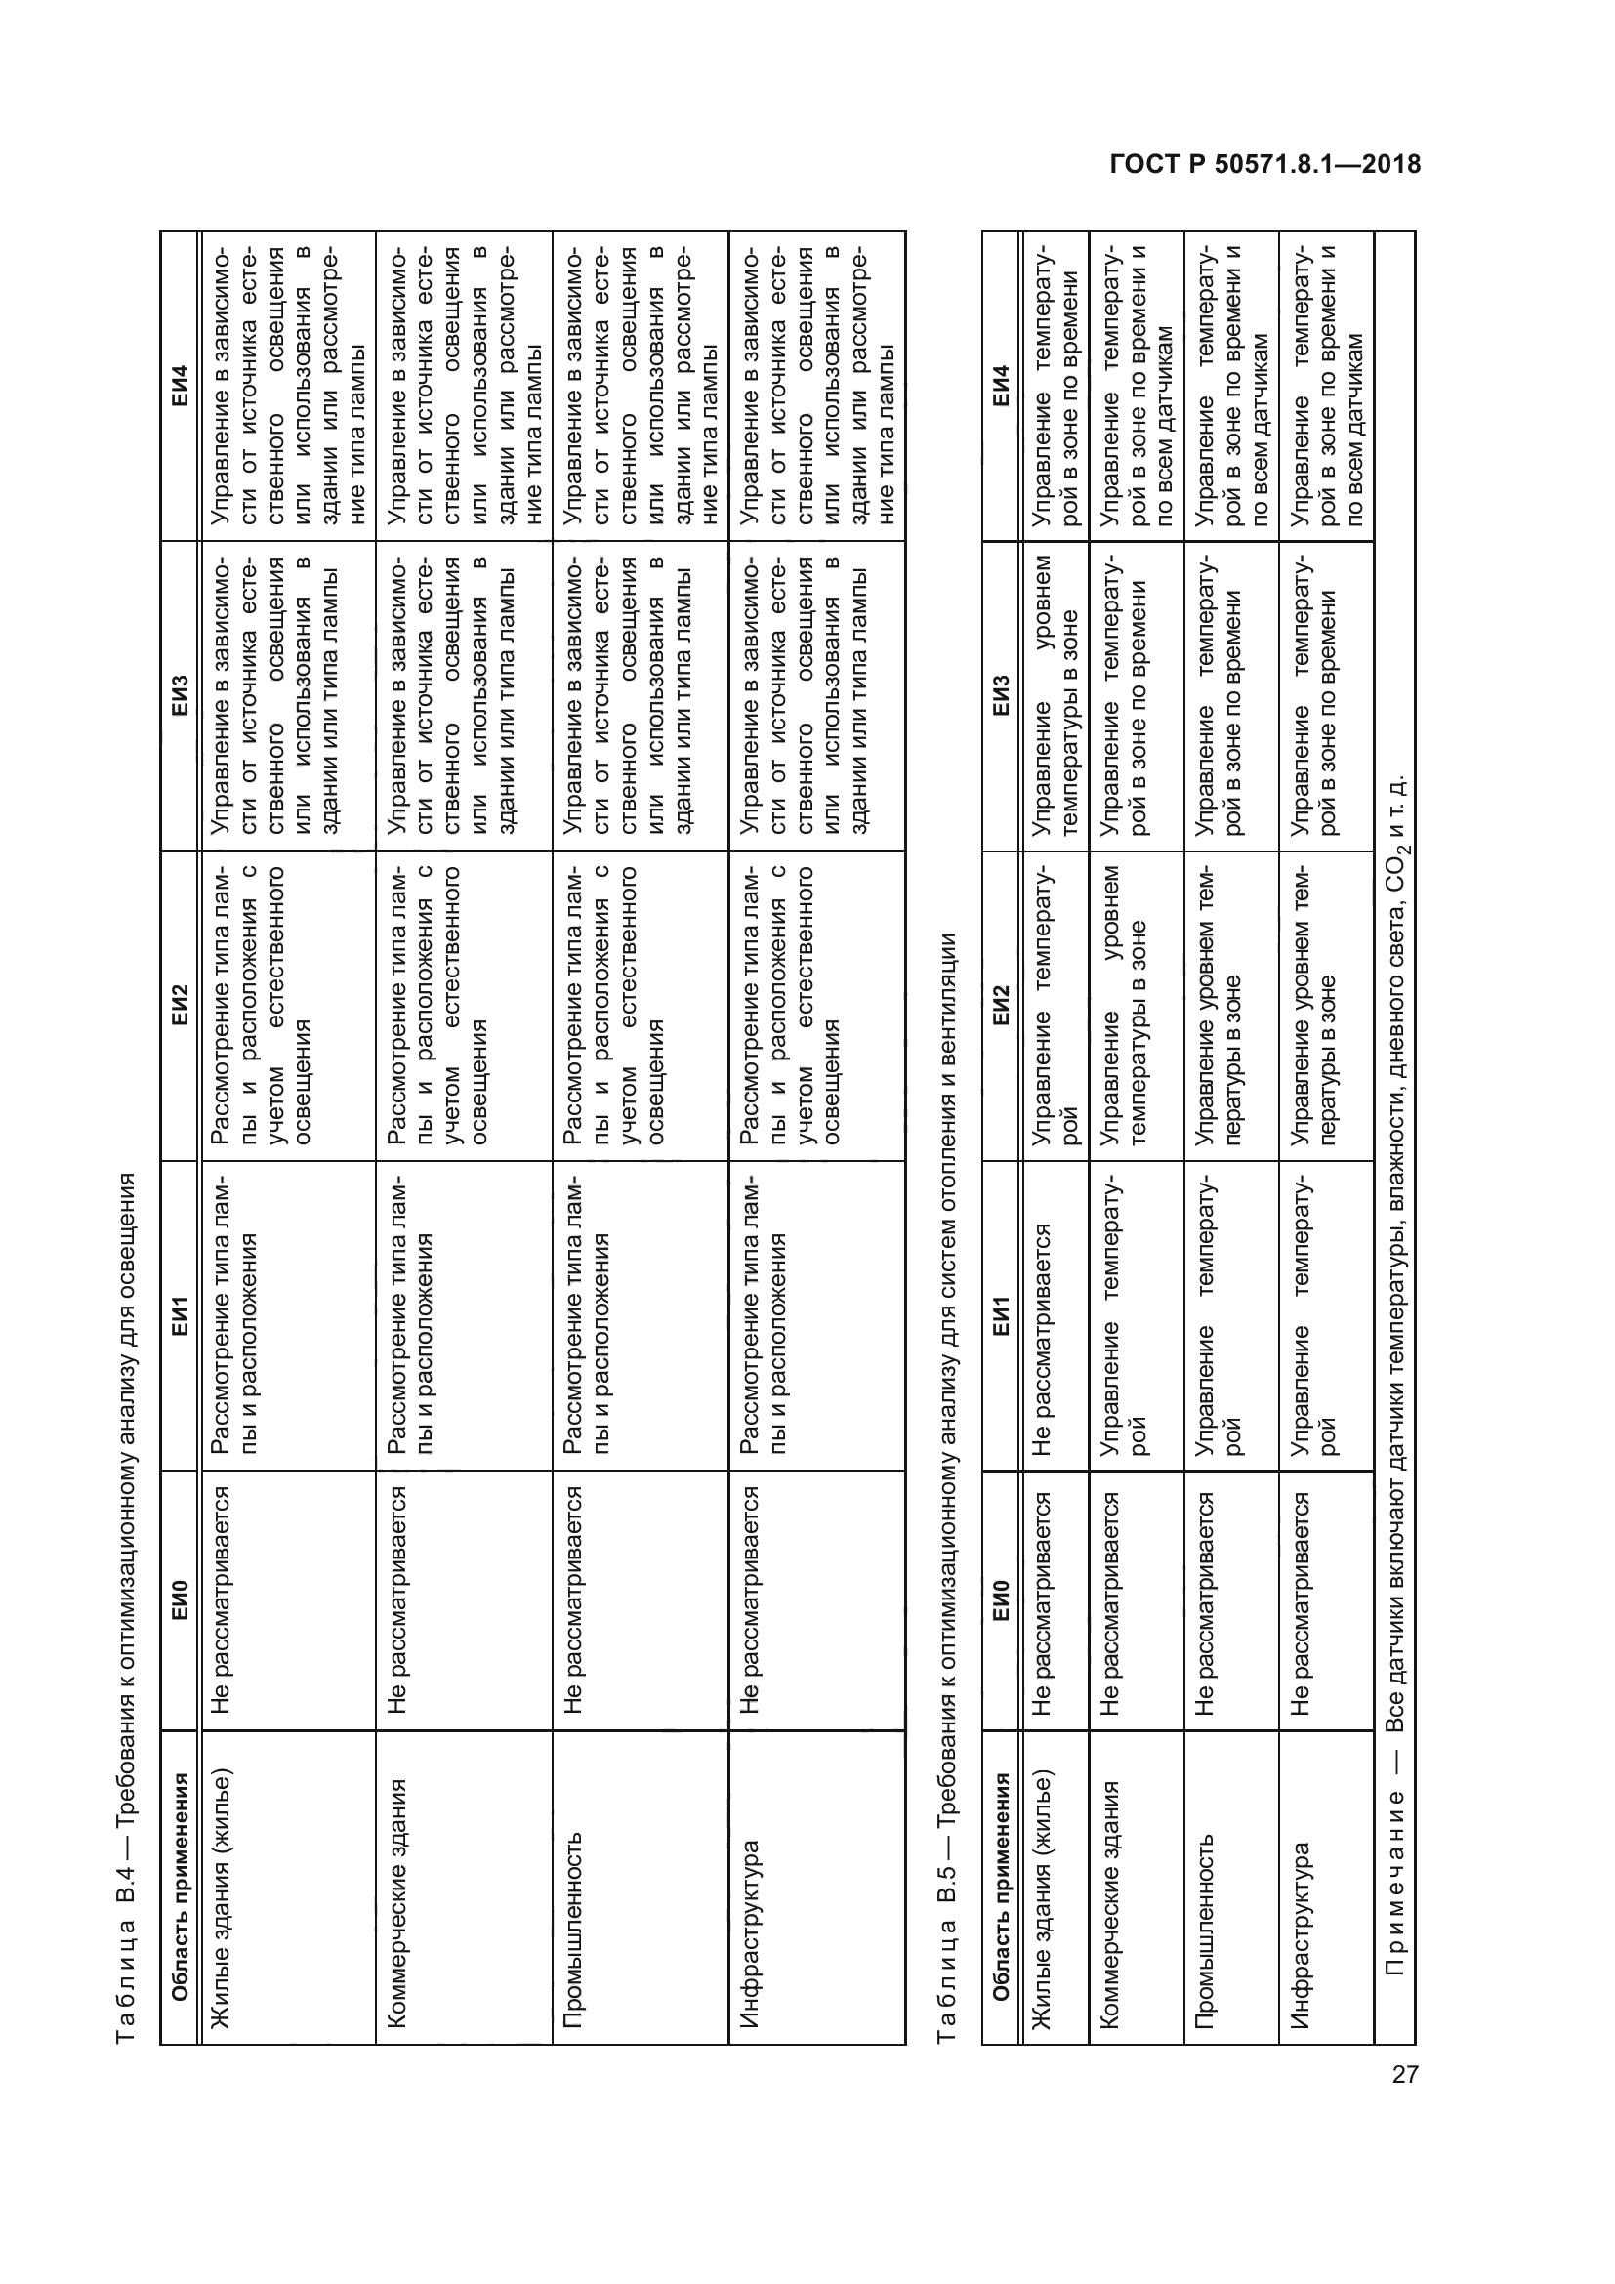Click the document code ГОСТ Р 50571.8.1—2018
tap(1264, 165)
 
